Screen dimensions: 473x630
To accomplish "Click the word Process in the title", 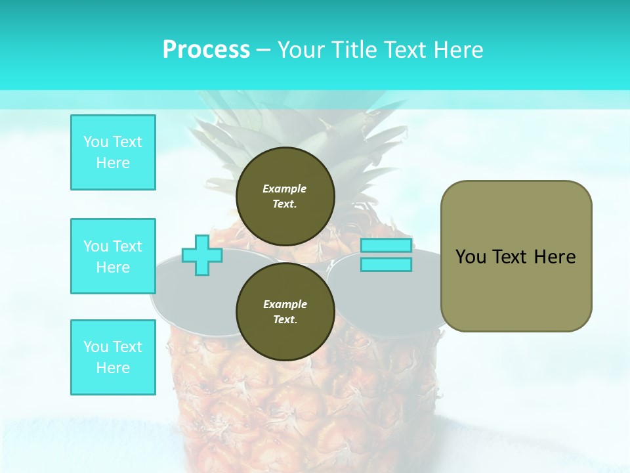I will click(206, 50).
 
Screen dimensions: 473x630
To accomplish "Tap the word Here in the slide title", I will click(457, 50).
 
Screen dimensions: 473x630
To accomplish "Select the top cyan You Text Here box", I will click(113, 152).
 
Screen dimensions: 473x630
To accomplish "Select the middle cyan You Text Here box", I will click(113, 256).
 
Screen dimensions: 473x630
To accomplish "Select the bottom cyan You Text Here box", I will click(113, 357).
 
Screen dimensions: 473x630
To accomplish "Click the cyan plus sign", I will click(201, 255).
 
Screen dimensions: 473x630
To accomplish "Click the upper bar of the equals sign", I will click(386, 246).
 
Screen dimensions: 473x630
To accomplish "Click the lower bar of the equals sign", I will click(386, 265).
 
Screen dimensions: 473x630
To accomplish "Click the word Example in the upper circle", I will click(285, 189).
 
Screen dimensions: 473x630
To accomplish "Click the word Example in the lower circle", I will click(285, 304).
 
